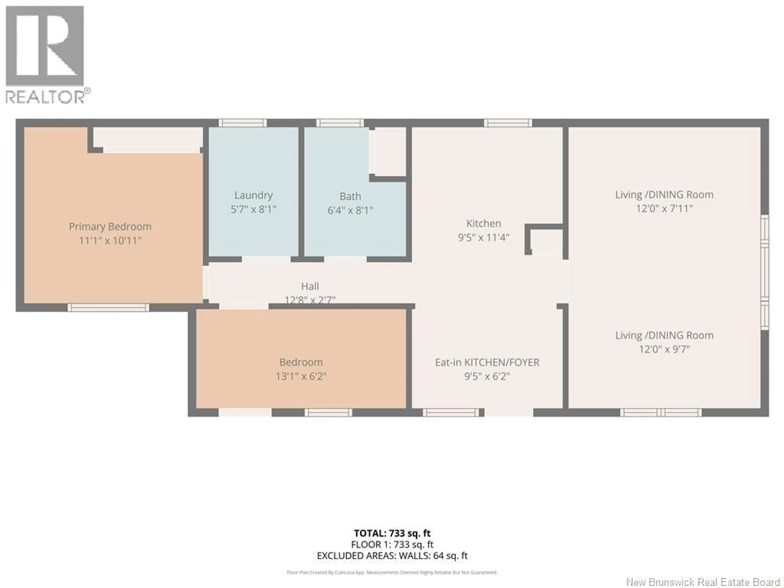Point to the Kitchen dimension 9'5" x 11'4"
point(483,237)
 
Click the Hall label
point(310,286)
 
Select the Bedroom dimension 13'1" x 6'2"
point(301,376)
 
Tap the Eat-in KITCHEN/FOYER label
point(487,362)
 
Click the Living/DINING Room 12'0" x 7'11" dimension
point(664,208)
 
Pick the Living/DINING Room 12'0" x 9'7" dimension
point(664,350)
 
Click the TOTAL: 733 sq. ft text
point(392,533)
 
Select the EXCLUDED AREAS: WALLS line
point(392,556)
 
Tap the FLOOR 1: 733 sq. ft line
point(392,544)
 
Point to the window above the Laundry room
point(242,123)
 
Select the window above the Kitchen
point(508,123)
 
